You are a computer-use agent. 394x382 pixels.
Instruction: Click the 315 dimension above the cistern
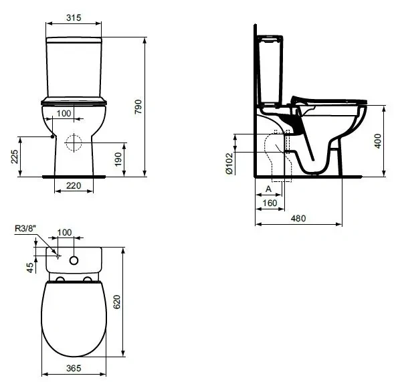(x=74, y=17)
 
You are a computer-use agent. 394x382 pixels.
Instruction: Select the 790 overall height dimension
(x=138, y=106)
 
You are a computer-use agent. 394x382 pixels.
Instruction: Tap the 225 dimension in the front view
(x=15, y=157)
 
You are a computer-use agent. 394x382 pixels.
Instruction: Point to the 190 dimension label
(x=118, y=159)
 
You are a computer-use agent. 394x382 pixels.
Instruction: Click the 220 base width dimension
(x=74, y=186)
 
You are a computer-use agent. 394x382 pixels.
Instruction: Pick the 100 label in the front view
(x=64, y=113)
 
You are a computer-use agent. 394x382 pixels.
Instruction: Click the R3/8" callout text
(x=25, y=228)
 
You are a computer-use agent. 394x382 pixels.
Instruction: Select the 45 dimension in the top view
(x=30, y=268)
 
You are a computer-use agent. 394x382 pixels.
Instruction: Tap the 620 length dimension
(x=117, y=302)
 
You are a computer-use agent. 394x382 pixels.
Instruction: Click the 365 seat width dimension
(x=74, y=368)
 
